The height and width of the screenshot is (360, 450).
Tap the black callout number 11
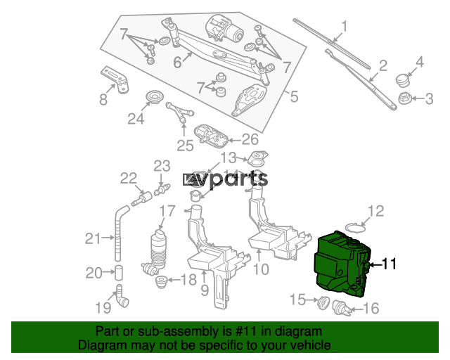coord(390,264)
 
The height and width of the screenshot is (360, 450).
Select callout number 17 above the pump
coord(167,212)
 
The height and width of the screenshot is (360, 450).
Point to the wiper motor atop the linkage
coord(224,28)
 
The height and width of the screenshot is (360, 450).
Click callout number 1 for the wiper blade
coord(344,26)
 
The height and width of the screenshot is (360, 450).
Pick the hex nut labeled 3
coord(405,98)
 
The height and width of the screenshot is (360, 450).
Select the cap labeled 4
coord(401,80)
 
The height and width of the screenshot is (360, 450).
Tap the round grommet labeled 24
coord(155,96)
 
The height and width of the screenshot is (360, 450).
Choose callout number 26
coord(250,139)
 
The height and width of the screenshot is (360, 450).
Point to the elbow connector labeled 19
coord(122,297)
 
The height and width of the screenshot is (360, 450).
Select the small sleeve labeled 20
coord(119,273)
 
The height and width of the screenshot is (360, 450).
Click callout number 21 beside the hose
coord(93,238)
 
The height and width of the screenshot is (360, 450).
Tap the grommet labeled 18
coord(162,282)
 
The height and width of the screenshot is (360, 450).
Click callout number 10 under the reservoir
coord(261,269)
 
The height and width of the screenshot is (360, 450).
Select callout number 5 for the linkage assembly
coord(295,96)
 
